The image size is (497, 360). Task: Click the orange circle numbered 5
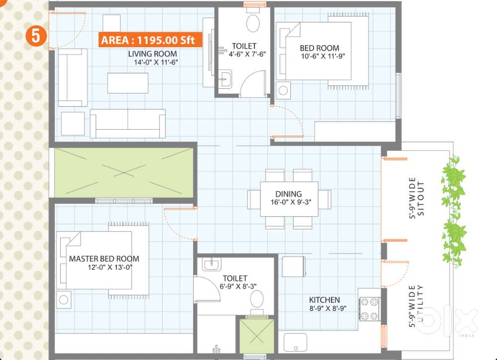[x=36, y=35]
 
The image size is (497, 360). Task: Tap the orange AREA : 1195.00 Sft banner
[x=150, y=40]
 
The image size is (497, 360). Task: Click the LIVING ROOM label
[x=153, y=54]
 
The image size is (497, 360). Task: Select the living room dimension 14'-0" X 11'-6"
[x=156, y=62]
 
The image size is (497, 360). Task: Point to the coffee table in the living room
[x=128, y=83]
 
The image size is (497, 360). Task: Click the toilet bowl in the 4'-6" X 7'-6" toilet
[x=253, y=23]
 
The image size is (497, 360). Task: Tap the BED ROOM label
[x=320, y=48]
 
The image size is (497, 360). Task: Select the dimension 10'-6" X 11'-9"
[x=323, y=57]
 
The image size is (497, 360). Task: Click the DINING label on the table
[x=288, y=194]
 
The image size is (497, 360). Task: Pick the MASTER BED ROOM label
[x=104, y=259]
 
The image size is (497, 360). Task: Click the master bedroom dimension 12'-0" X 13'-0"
[x=110, y=267]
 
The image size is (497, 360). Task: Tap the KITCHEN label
[x=324, y=300]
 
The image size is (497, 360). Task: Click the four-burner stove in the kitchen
[x=370, y=309]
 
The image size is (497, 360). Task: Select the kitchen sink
[x=295, y=342]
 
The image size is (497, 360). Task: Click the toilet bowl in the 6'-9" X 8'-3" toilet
[x=257, y=299]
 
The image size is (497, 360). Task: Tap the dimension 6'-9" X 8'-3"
[x=238, y=286]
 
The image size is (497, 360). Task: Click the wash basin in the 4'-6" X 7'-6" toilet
[x=225, y=79]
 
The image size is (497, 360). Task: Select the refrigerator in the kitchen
[x=294, y=267]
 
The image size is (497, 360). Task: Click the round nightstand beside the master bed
[x=64, y=299]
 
